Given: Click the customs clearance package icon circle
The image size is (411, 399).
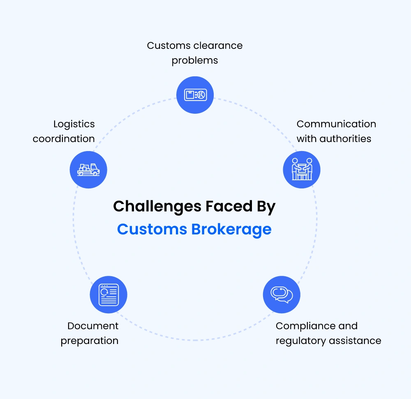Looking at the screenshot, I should [195, 95].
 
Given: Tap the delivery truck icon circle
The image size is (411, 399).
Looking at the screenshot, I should [88, 170].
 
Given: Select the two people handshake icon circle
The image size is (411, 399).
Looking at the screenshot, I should [302, 170].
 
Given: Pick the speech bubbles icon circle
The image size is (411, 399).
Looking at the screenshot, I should [282, 295].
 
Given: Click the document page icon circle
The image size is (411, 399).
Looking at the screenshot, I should [109, 295].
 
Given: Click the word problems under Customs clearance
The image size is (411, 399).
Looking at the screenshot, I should [195, 60].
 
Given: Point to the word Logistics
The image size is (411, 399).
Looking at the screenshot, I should [74, 124].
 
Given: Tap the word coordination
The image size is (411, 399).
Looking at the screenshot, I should [64, 139].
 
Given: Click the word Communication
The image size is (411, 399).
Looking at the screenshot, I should [336, 124].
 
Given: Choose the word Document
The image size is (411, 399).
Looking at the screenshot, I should [93, 326].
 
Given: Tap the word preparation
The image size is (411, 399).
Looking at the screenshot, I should [90, 341].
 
